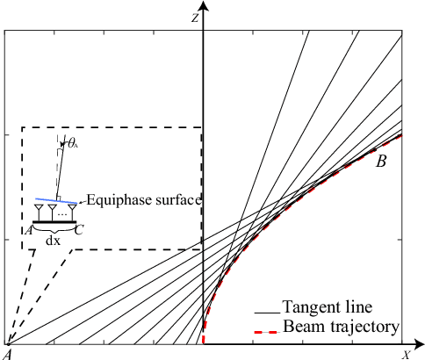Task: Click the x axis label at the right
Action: [x=407, y=355]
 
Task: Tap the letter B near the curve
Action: [x=381, y=162]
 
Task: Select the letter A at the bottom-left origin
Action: [x=8, y=353]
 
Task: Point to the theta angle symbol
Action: [x=74, y=143]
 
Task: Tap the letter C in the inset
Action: [x=79, y=231]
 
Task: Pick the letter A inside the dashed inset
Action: [x=30, y=230]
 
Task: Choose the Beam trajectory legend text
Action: [x=341, y=327]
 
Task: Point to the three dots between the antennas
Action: [x=61, y=213]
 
